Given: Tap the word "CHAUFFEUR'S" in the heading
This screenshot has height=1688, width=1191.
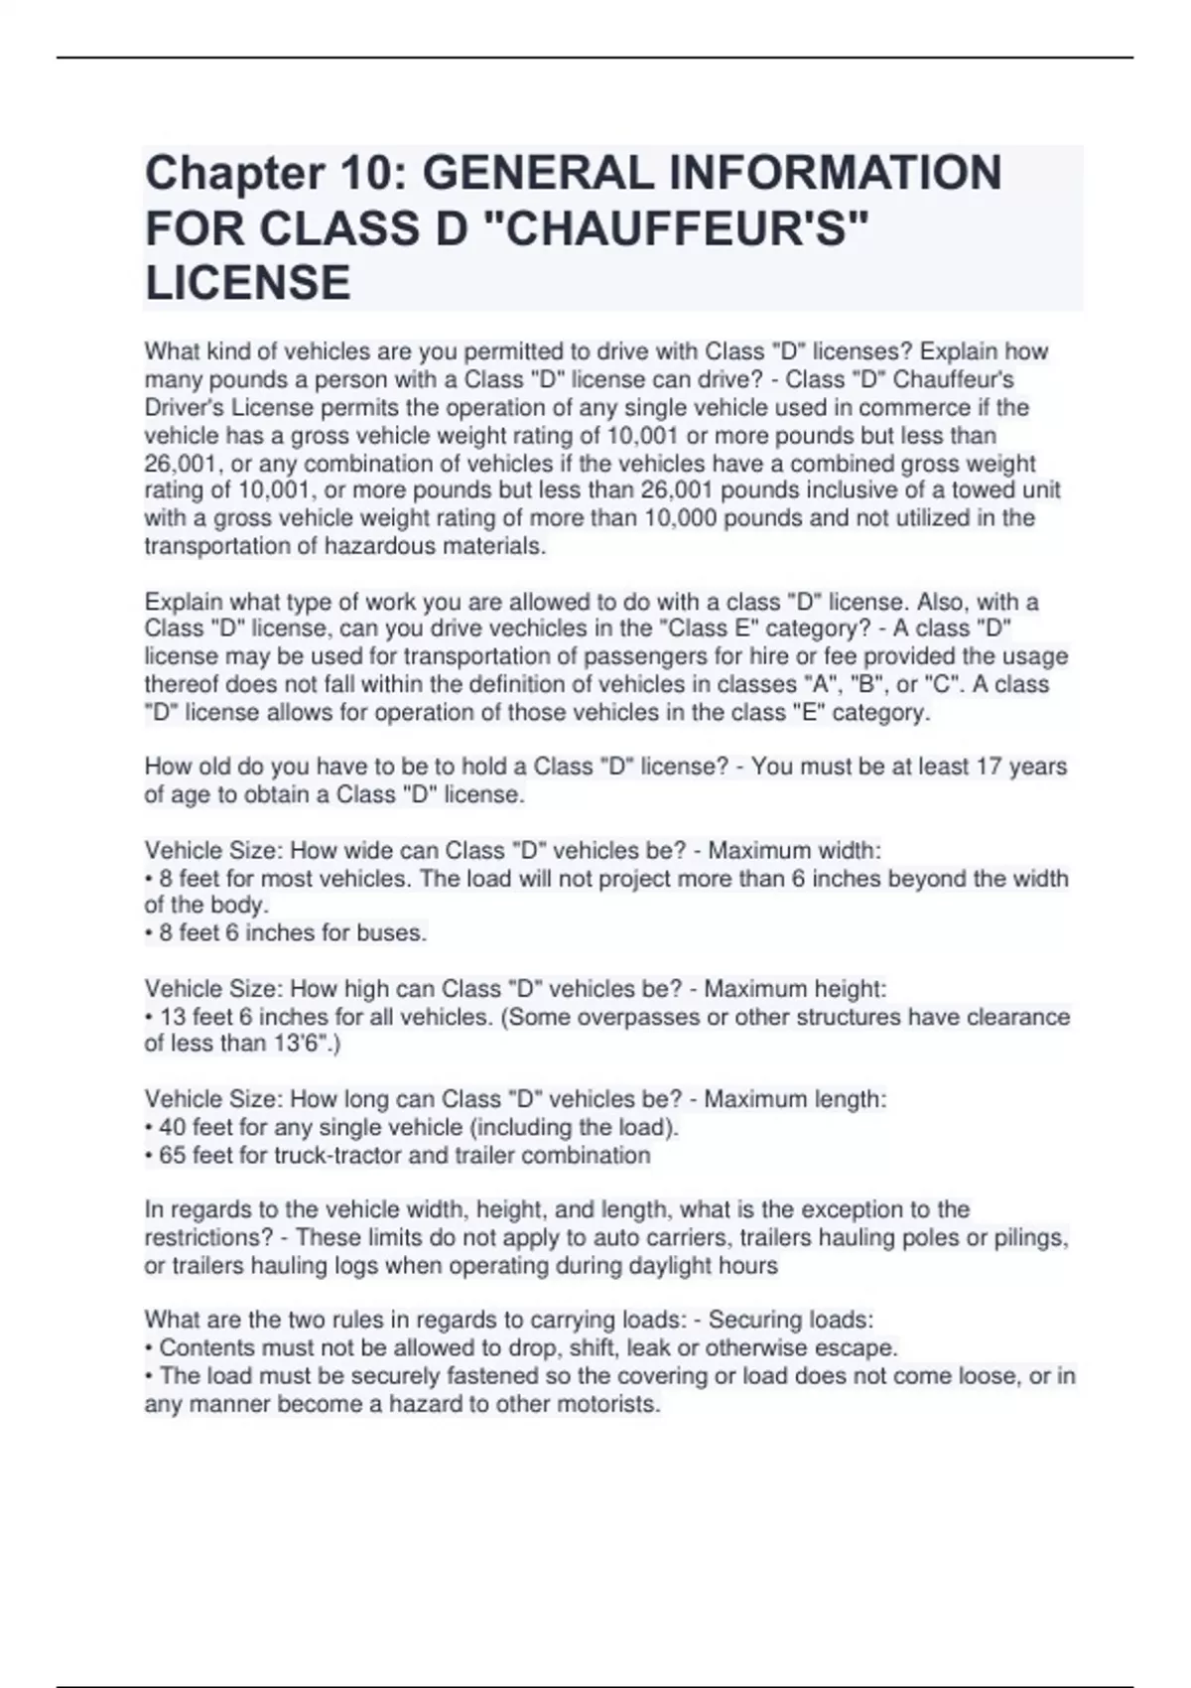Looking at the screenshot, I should click(674, 228).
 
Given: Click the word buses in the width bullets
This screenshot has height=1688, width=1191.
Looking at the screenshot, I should click(394, 932).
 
